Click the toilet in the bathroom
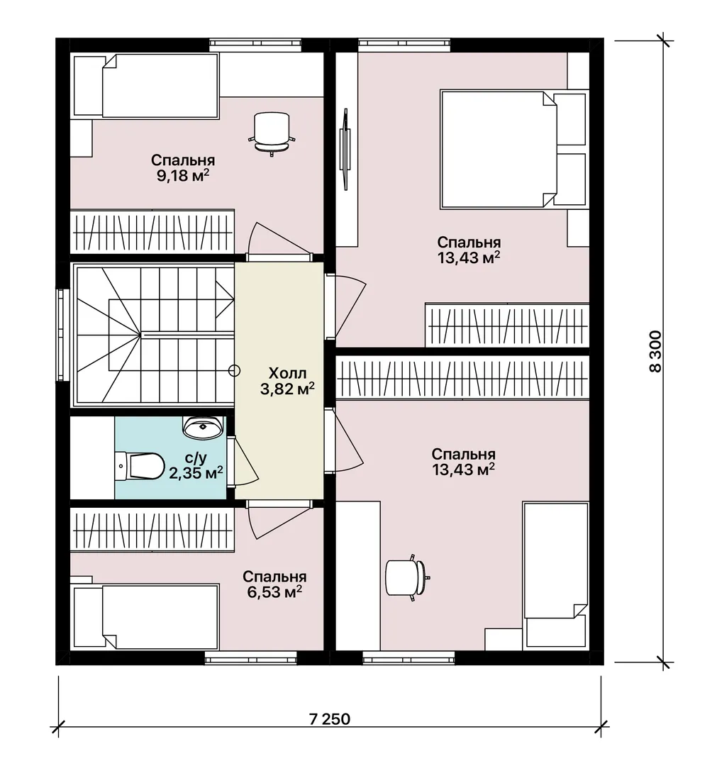(x=140, y=466)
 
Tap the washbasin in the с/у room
(x=203, y=427)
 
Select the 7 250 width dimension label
(x=330, y=719)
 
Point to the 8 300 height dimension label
(x=655, y=352)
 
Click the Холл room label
(x=288, y=374)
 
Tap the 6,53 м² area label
(x=274, y=592)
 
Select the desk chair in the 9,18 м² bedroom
(x=272, y=133)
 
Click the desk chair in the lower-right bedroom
(x=407, y=578)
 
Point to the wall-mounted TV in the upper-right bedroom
(x=345, y=148)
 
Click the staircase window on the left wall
(x=60, y=335)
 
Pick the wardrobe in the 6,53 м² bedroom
(x=152, y=531)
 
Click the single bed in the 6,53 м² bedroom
(x=145, y=618)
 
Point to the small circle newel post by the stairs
(x=235, y=371)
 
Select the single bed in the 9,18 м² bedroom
(x=145, y=86)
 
